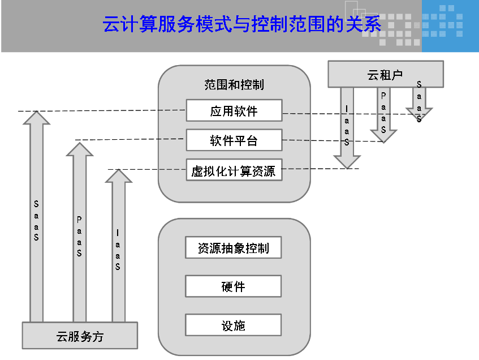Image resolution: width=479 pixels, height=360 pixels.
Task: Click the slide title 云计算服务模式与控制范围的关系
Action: pyautogui.click(x=242, y=25)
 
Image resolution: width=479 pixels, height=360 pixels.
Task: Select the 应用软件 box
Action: pyautogui.click(x=234, y=111)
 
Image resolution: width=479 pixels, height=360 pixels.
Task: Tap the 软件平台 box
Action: pyautogui.click(x=234, y=140)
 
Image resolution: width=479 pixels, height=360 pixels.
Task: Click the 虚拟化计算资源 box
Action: pyautogui.click(x=234, y=170)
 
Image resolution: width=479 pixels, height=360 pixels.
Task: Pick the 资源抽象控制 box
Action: pyautogui.click(x=233, y=248)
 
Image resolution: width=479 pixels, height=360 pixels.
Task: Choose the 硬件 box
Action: pyautogui.click(x=233, y=286)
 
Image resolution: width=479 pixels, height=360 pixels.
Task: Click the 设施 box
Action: pyautogui.click(x=233, y=325)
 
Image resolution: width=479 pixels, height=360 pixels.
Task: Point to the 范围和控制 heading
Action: pyautogui.click(x=234, y=85)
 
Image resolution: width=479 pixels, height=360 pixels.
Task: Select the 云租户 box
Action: pyautogui.click(x=385, y=75)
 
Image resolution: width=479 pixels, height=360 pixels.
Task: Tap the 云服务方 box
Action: pyautogui.click(x=80, y=336)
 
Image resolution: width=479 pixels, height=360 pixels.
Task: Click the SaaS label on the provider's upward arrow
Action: pyautogui.click(x=36, y=220)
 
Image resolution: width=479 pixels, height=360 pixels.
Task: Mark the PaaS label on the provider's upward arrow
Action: pyautogui.click(x=79, y=236)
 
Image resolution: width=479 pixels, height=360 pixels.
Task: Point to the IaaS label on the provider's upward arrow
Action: pyautogui.click(x=118, y=250)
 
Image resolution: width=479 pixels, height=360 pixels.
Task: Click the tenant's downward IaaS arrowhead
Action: pyautogui.click(x=347, y=162)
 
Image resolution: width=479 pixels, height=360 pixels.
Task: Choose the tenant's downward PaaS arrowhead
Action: pyautogui.click(x=383, y=136)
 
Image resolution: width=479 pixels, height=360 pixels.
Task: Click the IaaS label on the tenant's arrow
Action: pyautogui.click(x=347, y=126)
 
